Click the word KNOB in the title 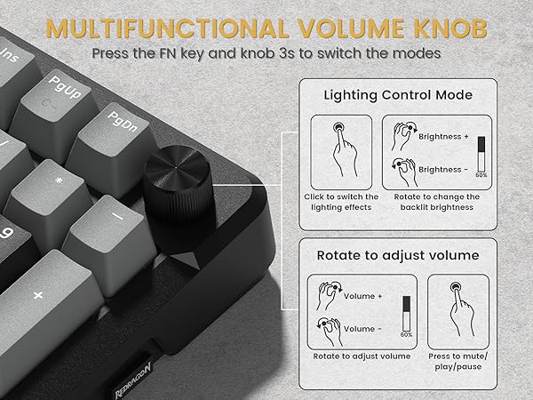pyautogui.click(x=434, y=28)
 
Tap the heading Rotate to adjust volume pyautogui.click(x=397, y=255)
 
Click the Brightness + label pyautogui.click(x=444, y=137)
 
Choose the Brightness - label pyautogui.click(x=443, y=168)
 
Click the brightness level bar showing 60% pyautogui.click(x=481, y=153)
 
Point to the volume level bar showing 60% pyautogui.click(x=408, y=313)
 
